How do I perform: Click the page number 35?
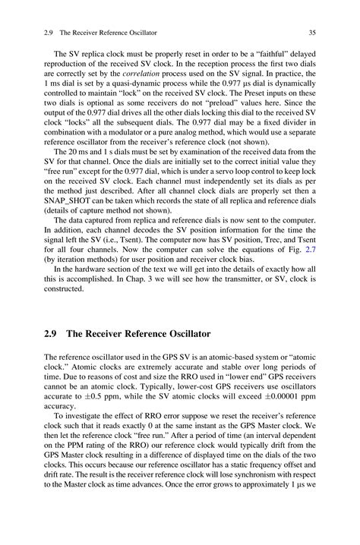tap(311, 32)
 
